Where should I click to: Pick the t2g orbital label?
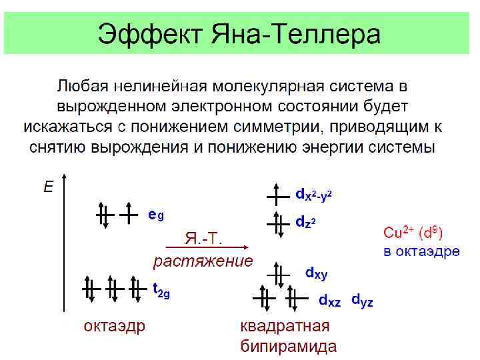point(161,290)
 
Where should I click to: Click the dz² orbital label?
point(305,222)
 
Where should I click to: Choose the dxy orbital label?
point(316,273)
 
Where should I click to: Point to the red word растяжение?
point(203,261)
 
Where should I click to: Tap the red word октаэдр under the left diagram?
point(114,326)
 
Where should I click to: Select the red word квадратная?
point(285,326)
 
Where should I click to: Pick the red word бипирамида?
point(288,346)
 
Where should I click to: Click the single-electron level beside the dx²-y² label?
point(275,195)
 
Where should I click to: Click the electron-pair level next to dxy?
point(279,273)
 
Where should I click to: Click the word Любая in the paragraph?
point(83,86)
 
